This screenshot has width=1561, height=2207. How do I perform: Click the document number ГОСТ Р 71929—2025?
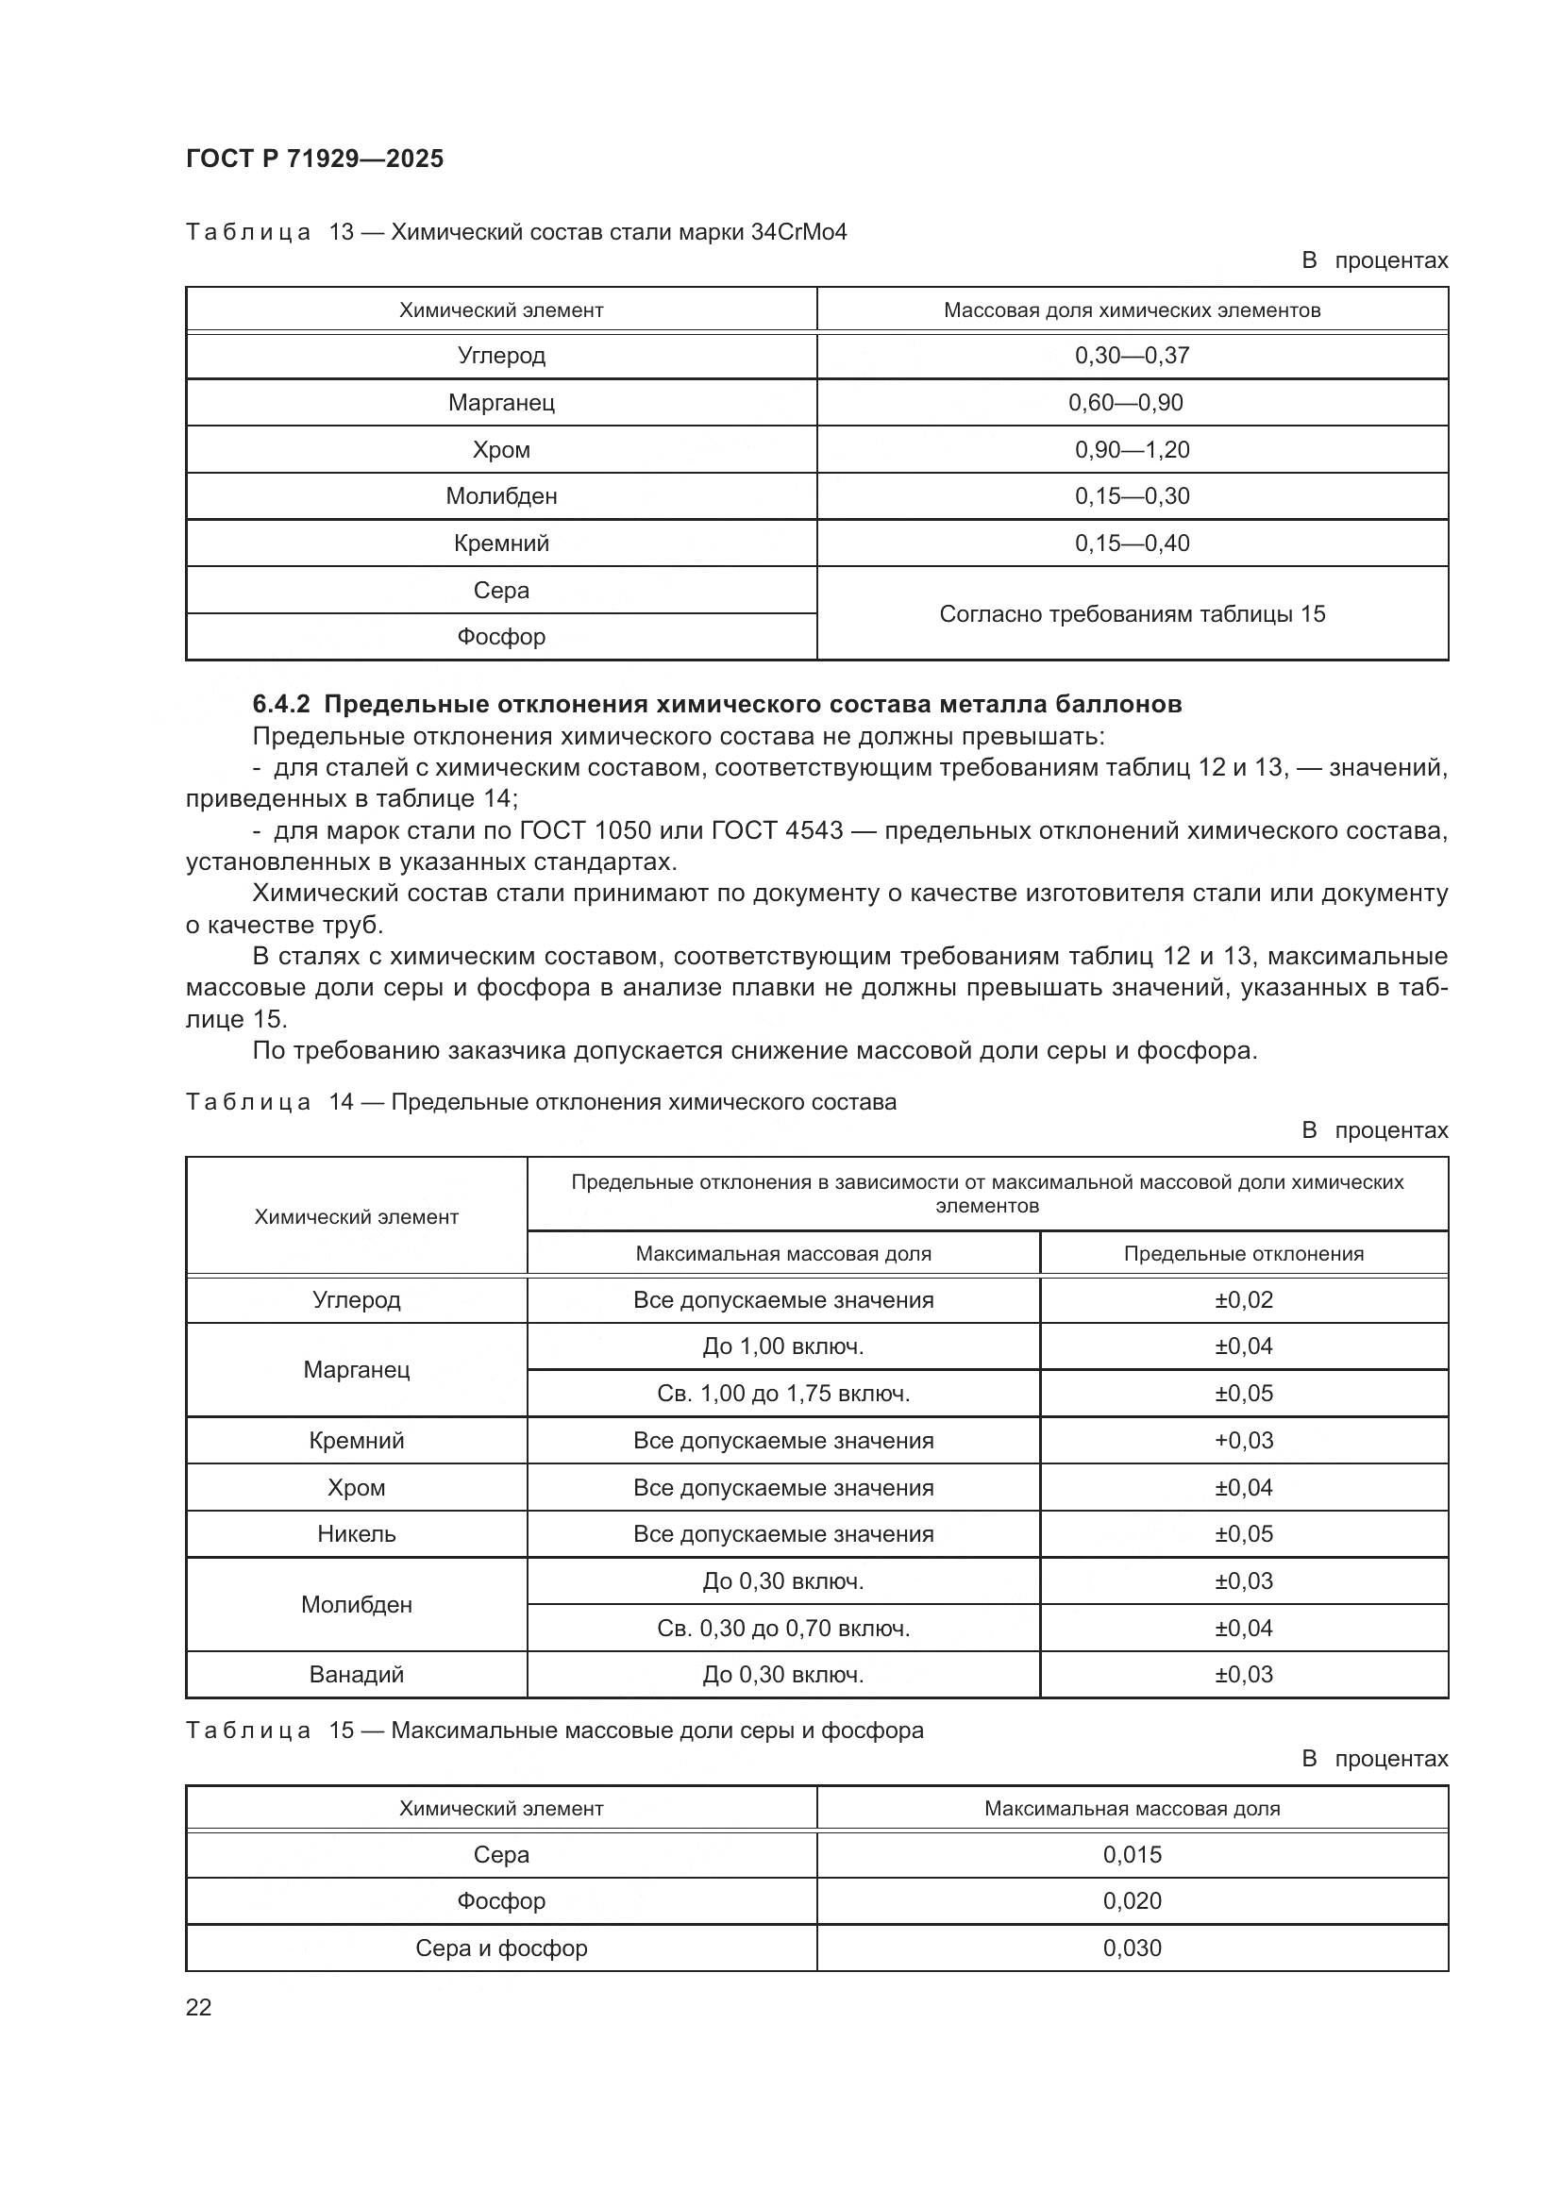(314, 159)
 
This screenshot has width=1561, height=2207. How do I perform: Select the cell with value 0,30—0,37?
(1132, 356)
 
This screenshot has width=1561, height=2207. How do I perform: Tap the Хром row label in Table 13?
(501, 450)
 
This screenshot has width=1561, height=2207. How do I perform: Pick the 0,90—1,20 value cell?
(1132, 450)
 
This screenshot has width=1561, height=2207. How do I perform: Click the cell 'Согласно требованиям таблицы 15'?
(1132, 613)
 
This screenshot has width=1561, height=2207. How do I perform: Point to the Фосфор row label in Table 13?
(501, 636)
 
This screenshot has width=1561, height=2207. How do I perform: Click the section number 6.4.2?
(280, 705)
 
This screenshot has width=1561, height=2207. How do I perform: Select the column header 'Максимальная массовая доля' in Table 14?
(782, 1253)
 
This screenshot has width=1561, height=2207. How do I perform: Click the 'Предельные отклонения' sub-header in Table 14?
(1243, 1253)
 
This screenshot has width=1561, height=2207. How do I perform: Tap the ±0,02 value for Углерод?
(1243, 1299)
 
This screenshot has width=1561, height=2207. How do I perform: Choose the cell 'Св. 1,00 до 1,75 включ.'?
(782, 1393)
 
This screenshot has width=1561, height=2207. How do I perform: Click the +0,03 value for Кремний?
(1243, 1440)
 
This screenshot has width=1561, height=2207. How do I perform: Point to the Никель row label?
(356, 1533)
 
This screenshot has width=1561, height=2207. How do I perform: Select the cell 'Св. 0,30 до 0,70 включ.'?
(782, 1628)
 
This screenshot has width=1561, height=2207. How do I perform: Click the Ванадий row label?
(356, 1675)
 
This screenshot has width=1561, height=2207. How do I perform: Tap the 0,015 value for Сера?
(1132, 1854)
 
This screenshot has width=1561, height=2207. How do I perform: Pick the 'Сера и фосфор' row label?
(501, 1948)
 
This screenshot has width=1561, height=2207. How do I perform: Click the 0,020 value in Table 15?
(1132, 1900)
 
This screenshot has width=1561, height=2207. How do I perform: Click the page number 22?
(198, 2007)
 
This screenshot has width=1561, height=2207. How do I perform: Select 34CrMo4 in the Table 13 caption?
(798, 233)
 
